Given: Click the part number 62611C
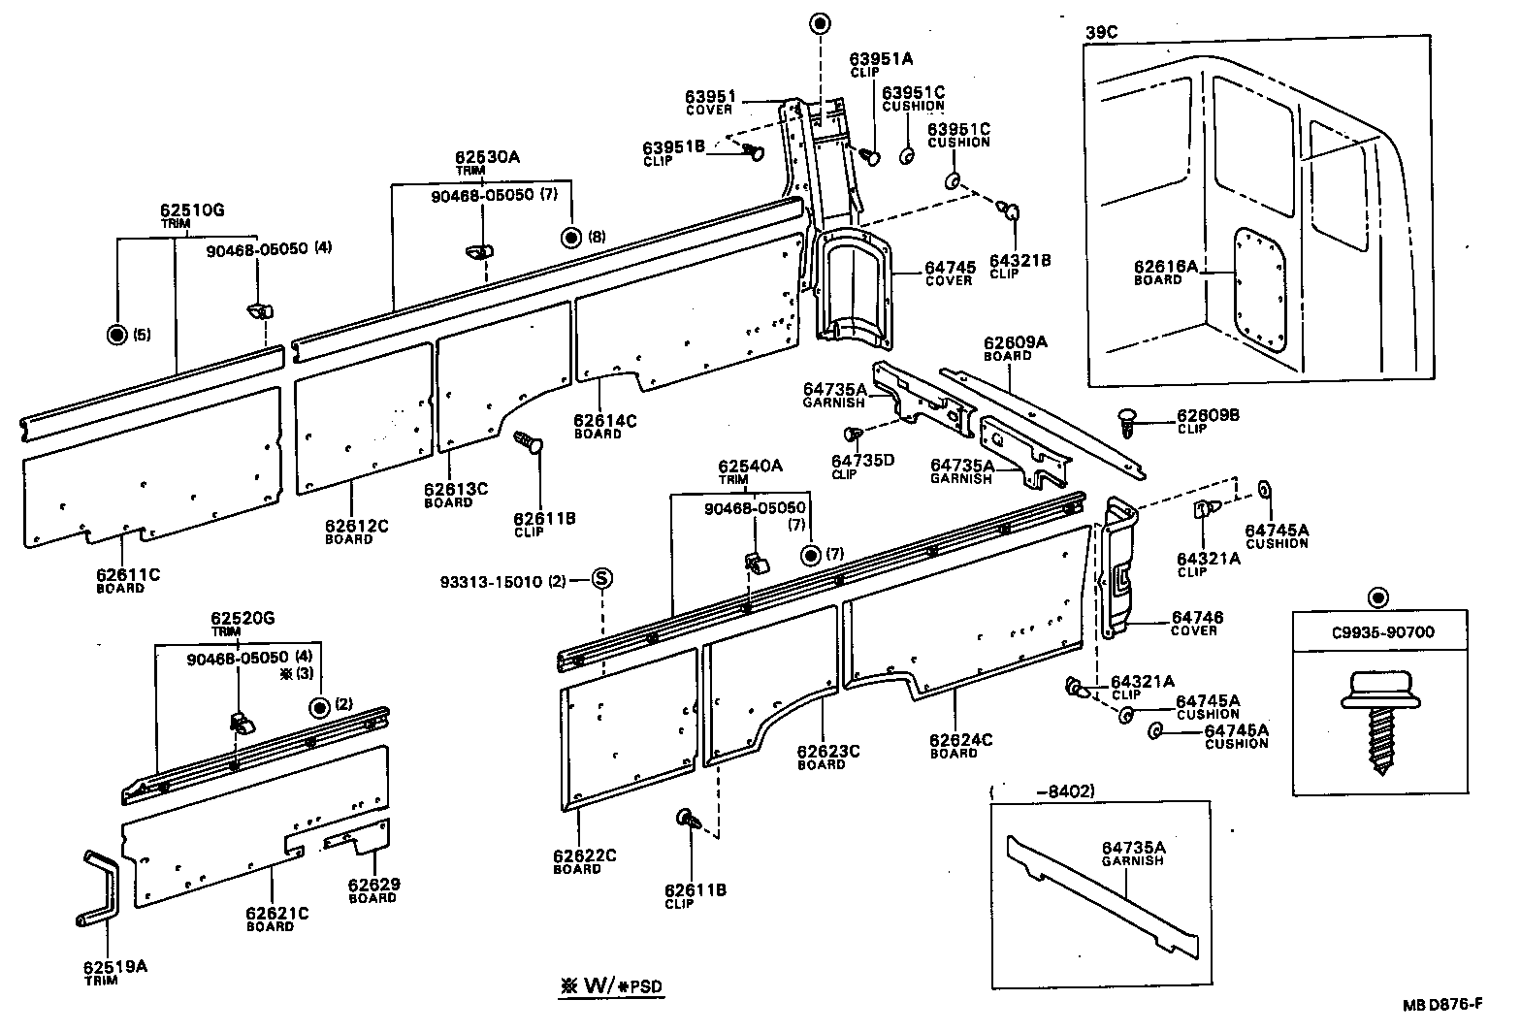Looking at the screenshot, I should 128,574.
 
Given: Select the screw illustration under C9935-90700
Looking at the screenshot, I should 1376,722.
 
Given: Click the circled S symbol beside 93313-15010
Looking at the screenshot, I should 601,579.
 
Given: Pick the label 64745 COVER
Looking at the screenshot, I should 949,274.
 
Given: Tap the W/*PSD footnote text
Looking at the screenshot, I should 612,985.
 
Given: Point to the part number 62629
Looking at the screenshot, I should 373,885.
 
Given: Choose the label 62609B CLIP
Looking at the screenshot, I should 1208,421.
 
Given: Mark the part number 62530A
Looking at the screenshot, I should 488,157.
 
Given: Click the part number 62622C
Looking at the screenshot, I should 585,855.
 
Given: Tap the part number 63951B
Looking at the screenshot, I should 673,147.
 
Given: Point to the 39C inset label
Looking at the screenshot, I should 1101,31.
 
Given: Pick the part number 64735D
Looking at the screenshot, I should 862,461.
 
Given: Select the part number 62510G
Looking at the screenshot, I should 192,209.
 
